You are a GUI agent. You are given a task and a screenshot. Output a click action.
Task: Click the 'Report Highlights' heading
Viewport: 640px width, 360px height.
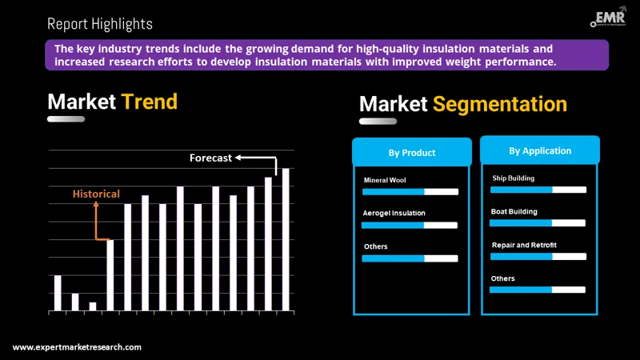point(100,24)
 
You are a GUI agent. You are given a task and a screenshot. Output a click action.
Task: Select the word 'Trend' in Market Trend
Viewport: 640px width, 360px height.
point(149,102)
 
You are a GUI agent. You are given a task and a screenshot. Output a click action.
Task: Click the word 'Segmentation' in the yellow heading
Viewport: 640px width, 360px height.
point(500,104)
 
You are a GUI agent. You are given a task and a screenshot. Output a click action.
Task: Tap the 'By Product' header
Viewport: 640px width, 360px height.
point(412,152)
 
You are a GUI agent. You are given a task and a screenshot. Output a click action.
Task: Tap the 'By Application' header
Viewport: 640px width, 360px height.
point(540,150)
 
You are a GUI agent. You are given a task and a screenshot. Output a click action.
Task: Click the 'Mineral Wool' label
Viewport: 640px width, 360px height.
point(385,180)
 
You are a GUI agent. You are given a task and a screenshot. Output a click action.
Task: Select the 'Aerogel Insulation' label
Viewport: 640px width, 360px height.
point(394,213)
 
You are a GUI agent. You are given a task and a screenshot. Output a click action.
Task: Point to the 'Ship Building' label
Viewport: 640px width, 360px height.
point(514,178)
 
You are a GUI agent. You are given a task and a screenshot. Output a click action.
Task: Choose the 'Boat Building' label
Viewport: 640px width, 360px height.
point(514,211)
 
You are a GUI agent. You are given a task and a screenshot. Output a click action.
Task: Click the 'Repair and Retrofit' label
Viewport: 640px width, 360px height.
point(524,244)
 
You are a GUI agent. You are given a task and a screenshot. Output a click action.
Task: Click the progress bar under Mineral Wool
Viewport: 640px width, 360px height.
point(410,192)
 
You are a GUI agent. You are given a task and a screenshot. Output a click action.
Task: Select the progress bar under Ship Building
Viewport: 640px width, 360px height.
point(538,190)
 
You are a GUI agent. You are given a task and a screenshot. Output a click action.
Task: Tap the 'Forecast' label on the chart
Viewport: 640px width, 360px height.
point(210,158)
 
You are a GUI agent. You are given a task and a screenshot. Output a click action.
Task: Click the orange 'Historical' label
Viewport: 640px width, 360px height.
point(96,194)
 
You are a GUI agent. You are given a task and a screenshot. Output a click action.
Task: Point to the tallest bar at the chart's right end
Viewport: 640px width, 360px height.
point(286,239)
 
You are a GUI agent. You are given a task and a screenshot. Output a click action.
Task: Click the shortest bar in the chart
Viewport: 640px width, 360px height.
point(93,306)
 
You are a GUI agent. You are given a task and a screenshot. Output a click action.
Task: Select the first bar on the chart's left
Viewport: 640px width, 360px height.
point(58,292)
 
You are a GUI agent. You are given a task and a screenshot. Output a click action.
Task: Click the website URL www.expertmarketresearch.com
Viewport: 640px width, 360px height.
point(77,347)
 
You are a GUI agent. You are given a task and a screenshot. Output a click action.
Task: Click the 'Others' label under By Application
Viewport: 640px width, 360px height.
point(503,278)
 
